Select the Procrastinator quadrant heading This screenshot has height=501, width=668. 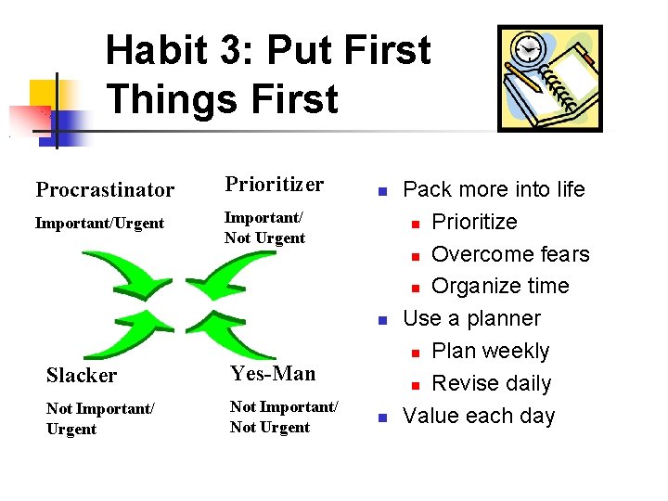point(105,190)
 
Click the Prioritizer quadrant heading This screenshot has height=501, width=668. point(274,185)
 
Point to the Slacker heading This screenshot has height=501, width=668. point(82,375)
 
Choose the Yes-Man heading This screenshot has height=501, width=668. point(273,373)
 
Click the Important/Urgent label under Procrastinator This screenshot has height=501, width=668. point(99,223)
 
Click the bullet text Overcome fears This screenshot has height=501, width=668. point(510,254)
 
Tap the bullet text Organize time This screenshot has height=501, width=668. point(500,286)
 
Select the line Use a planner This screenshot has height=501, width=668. point(471,318)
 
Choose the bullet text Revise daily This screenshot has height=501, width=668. point(491,383)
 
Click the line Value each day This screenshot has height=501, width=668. point(479,416)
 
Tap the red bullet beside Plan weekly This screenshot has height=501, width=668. point(417,353)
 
